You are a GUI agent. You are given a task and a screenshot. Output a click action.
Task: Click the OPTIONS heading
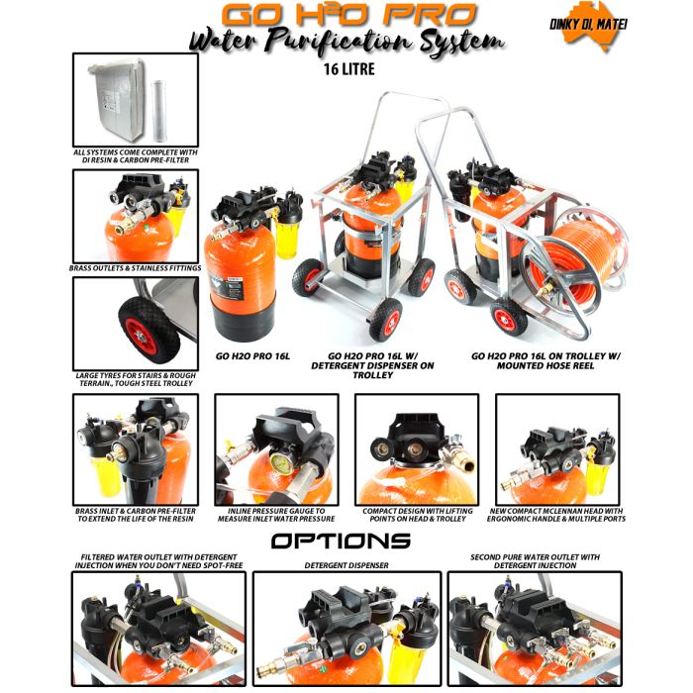point(341,542)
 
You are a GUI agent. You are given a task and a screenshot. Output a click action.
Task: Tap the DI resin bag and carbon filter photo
point(135,98)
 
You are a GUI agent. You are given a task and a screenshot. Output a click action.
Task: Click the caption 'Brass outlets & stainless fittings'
point(136,267)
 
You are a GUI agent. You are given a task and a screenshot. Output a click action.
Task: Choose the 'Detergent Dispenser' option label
point(346,565)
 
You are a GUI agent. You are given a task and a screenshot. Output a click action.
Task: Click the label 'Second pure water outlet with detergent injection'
point(535,561)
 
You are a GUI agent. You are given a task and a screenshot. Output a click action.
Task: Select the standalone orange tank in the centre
point(237,267)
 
